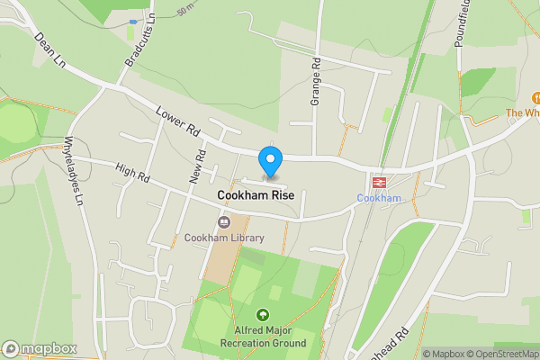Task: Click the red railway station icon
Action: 379,182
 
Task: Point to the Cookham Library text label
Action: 224,238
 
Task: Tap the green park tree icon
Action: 263,315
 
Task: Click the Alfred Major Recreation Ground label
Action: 263,337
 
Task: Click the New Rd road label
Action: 196,166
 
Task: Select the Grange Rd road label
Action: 316,82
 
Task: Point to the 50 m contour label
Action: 187,12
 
